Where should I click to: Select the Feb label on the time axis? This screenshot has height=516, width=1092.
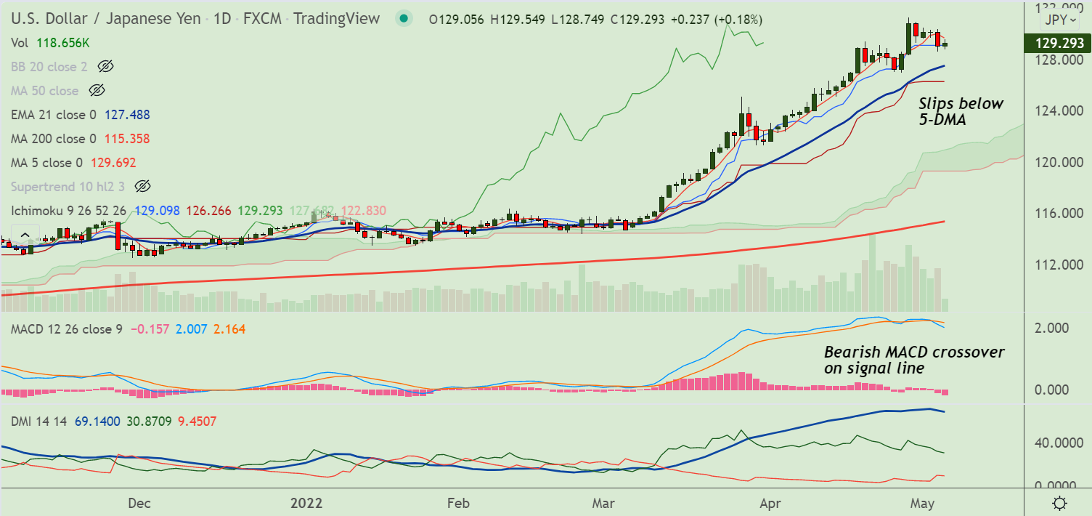(457, 503)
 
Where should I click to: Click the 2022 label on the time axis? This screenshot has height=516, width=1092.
(306, 503)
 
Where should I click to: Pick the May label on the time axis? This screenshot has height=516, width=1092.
(922, 503)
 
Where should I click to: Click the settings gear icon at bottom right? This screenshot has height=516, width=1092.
(1059, 503)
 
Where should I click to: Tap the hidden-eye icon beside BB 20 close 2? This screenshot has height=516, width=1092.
(105, 67)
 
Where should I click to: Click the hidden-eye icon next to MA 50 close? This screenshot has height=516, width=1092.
(97, 91)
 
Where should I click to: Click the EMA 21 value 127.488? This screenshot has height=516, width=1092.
(128, 115)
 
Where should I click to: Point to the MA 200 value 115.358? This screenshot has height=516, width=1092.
(128, 139)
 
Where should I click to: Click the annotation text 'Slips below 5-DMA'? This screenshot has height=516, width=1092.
(961, 112)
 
